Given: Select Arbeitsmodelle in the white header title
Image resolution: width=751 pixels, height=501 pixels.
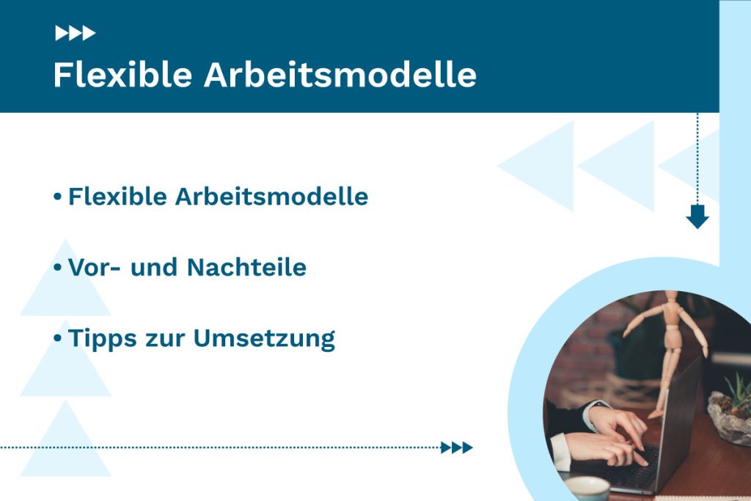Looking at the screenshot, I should pyautogui.click(x=340, y=76).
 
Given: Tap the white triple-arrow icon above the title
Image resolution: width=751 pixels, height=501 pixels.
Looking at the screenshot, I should pyautogui.click(x=75, y=33).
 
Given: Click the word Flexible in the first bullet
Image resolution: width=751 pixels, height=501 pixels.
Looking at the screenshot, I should pyautogui.click(x=117, y=197).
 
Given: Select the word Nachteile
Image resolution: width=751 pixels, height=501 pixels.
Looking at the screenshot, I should pyautogui.click(x=246, y=268).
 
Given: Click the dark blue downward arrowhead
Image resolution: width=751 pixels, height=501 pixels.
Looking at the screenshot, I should pyautogui.click(x=697, y=217).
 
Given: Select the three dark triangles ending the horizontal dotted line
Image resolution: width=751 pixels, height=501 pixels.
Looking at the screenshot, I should pyautogui.click(x=456, y=447).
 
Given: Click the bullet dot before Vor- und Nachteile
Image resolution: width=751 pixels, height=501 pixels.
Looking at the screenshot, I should pyautogui.click(x=57, y=268).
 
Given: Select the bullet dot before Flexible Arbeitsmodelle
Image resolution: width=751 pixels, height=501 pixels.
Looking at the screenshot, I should pyautogui.click(x=57, y=197).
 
